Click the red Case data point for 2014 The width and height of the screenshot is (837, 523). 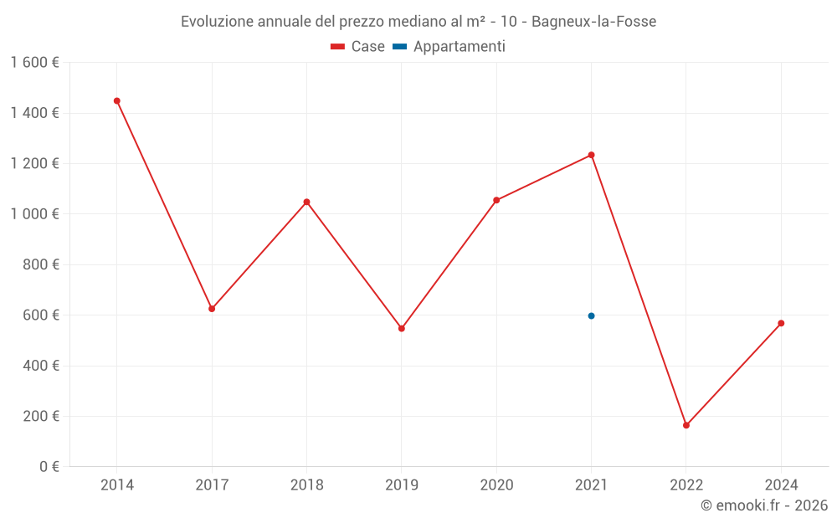(117, 101)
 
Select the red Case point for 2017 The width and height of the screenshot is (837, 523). (212, 309)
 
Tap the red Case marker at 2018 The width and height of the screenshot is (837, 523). (307, 202)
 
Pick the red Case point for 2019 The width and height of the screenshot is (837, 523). (402, 328)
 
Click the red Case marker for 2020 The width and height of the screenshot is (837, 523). (496, 200)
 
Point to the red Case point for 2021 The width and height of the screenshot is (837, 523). (591, 155)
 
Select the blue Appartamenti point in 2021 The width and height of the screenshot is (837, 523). (591, 315)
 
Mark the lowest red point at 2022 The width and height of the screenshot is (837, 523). (686, 425)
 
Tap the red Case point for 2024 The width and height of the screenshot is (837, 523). (781, 323)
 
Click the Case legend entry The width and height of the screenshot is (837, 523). (357, 47)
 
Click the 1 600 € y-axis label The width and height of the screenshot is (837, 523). (34, 63)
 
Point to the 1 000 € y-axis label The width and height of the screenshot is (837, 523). (34, 214)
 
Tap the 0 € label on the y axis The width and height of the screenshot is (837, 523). (48, 467)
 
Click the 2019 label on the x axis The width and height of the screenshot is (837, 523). (402, 485)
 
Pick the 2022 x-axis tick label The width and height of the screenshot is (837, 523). (686, 485)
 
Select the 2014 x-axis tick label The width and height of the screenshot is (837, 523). (117, 485)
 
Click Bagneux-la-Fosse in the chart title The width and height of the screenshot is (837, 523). (593, 21)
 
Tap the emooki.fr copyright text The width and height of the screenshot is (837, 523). (764, 505)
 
